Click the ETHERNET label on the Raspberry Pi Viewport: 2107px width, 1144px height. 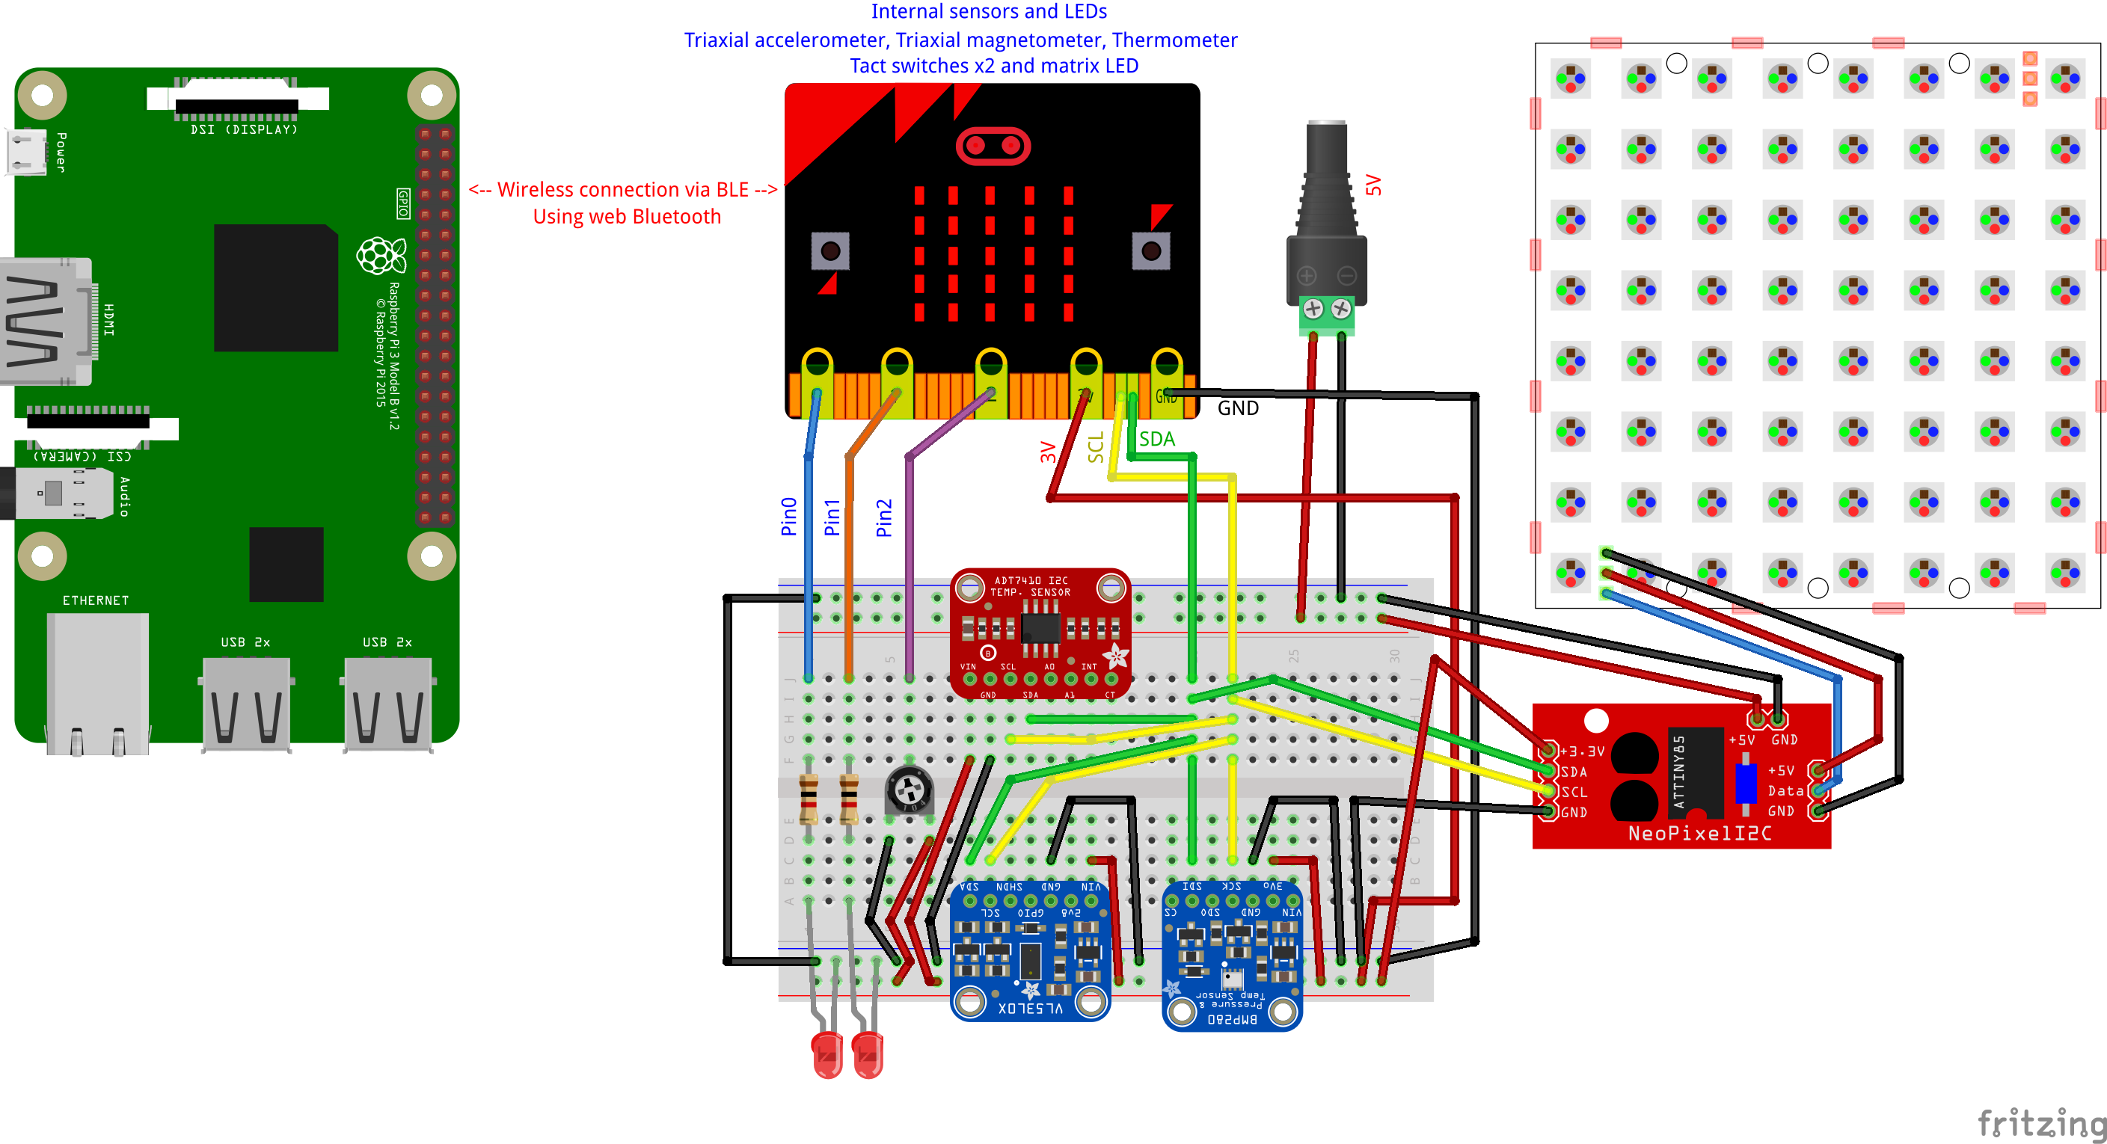tap(96, 600)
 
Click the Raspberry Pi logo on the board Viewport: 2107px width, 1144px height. tap(381, 256)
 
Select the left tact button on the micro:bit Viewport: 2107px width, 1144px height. tap(830, 250)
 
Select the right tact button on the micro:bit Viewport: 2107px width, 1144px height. tap(1151, 250)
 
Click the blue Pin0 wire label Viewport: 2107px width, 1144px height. tap(788, 516)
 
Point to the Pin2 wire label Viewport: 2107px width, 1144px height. tap(883, 517)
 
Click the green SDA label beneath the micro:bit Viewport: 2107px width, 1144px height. tap(1156, 439)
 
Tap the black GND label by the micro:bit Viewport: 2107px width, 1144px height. tap(1238, 408)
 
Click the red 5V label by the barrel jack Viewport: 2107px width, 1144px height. tap(1373, 185)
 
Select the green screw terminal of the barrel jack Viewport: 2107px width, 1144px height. tap(1326, 316)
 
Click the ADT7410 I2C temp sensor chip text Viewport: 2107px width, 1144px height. tap(1030, 585)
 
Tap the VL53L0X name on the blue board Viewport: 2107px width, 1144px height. tap(1030, 1008)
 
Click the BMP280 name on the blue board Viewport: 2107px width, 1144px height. tap(1231, 1019)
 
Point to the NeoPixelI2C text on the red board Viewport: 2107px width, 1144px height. tap(1699, 833)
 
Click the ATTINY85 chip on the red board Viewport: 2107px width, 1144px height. tap(1694, 771)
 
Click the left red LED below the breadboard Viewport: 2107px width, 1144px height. tap(827, 1055)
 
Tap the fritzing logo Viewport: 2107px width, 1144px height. tap(2040, 1124)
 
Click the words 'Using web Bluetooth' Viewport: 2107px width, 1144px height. tap(627, 217)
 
